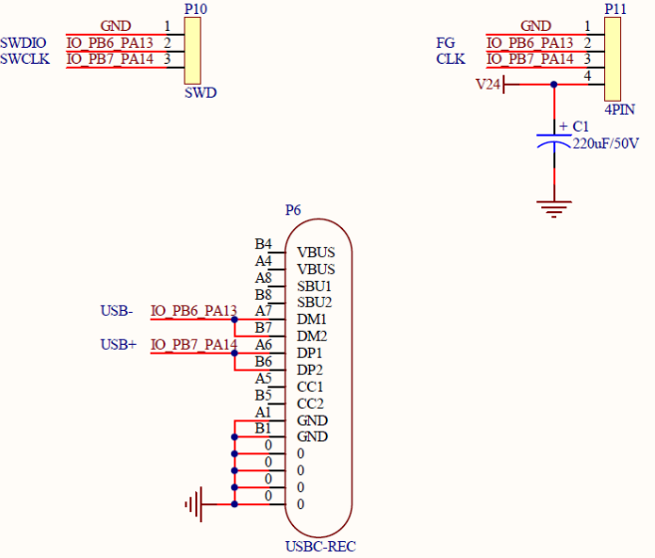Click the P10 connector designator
195,8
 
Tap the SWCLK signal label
25,59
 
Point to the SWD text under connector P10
200,94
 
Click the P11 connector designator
615,9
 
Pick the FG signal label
446,43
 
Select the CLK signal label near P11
451,59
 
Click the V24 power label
489,85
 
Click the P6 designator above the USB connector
293,210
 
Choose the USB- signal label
117,311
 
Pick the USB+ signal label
119,345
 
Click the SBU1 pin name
314,286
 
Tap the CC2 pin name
310,404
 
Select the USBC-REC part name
320,546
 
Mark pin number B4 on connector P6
263,244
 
